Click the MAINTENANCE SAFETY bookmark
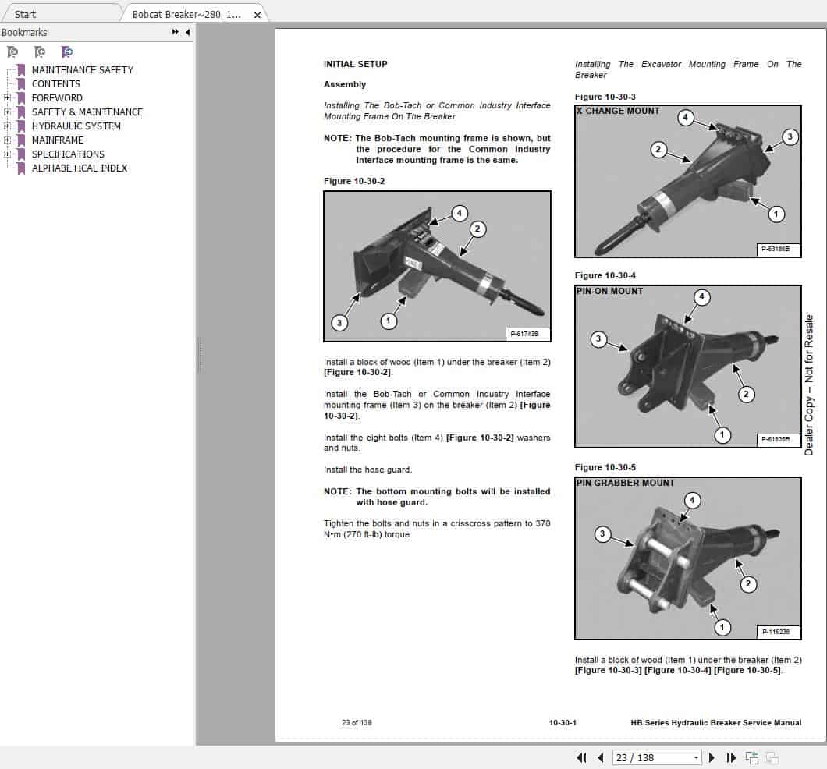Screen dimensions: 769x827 point(82,69)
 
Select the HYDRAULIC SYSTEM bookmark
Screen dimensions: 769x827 point(76,126)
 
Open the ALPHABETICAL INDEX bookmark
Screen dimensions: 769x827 point(79,168)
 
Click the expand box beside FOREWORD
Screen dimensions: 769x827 point(7,97)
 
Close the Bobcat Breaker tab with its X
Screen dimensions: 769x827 point(257,14)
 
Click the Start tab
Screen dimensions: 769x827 point(25,14)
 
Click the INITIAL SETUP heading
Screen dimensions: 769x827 point(355,64)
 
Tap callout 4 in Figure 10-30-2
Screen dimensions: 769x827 point(460,213)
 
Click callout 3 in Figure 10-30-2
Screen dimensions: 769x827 point(339,322)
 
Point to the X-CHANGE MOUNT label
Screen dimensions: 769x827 point(618,111)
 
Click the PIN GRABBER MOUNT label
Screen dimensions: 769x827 point(625,483)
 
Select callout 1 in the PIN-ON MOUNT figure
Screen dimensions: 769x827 point(723,434)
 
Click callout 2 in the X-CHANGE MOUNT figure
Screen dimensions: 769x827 point(659,149)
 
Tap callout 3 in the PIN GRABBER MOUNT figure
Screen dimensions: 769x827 point(602,534)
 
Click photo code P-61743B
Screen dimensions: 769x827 point(528,334)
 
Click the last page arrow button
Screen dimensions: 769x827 point(731,757)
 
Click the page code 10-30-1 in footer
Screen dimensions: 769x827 point(563,722)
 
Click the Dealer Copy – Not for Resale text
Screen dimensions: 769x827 point(809,384)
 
